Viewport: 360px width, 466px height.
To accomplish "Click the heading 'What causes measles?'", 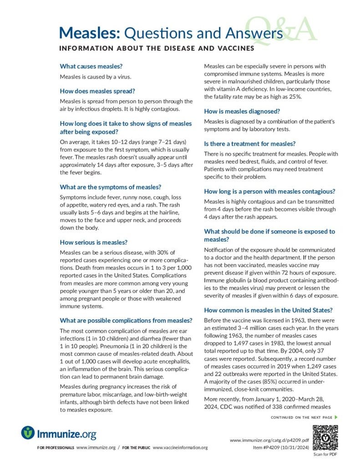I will point(91,66).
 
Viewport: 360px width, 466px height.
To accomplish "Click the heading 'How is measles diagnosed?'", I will point(242,111).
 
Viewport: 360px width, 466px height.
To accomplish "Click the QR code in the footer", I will point(325,437).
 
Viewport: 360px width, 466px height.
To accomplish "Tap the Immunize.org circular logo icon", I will point(28,432).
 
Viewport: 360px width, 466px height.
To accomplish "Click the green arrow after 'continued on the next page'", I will point(336,417).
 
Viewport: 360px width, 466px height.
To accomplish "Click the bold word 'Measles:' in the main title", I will point(90,33).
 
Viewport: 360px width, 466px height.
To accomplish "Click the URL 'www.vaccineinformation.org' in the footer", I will point(180,448).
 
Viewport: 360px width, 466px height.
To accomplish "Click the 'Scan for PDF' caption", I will point(325,454).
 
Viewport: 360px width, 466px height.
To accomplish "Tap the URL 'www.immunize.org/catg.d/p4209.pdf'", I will point(270,441).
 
